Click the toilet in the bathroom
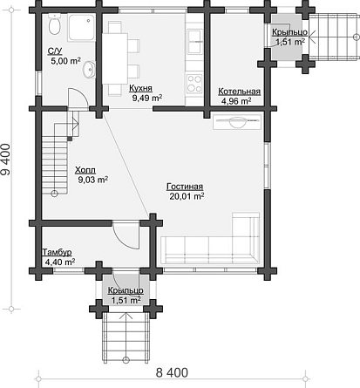point(54,24)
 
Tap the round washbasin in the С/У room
point(89,70)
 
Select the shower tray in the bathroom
point(81,28)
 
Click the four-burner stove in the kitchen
point(194,84)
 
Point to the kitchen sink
point(194,41)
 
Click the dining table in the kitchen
point(115,58)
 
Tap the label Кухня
point(140,88)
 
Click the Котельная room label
point(240,92)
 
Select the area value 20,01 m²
point(187,196)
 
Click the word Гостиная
point(185,187)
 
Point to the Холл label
point(85,170)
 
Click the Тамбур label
point(58,252)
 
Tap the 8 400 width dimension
point(172,372)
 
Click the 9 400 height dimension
point(6,160)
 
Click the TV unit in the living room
point(237,122)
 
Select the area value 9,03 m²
point(93,180)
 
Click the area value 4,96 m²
point(236,101)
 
